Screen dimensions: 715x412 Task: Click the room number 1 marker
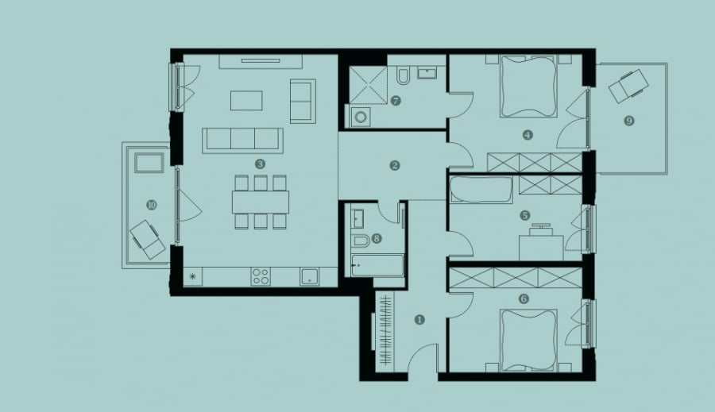point(419,320)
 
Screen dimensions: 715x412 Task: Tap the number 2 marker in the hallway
point(395,165)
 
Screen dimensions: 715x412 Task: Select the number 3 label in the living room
point(261,164)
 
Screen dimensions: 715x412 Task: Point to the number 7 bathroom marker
point(396,101)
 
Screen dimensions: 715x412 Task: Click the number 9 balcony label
point(629,121)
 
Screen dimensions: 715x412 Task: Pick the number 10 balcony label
point(152,205)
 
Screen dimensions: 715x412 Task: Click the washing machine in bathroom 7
point(360,117)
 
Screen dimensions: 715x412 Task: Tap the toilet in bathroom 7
point(403,76)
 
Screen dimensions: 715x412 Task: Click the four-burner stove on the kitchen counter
point(261,276)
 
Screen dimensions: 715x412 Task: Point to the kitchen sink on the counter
point(310,276)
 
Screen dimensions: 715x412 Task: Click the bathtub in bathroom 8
point(377,265)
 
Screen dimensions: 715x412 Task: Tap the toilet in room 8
point(361,241)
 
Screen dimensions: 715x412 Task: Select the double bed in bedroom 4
point(529,87)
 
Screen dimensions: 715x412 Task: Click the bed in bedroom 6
point(529,340)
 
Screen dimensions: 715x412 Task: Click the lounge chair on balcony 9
point(628,86)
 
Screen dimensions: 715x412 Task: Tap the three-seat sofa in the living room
point(242,141)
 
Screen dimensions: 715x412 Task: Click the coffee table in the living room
point(246,100)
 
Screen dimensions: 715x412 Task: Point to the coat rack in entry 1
point(386,329)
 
